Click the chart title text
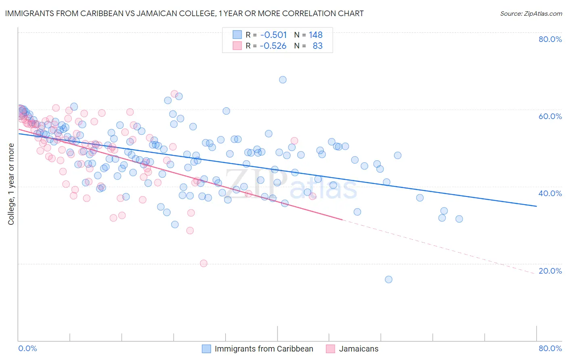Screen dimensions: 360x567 pos(184,13)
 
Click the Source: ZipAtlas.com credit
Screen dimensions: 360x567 pos(531,13)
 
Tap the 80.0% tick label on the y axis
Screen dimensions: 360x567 pos(550,39)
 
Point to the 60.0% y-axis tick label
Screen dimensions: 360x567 pos(550,116)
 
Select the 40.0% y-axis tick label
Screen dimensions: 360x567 pos(550,193)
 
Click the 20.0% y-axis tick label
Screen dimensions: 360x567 pos(550,271)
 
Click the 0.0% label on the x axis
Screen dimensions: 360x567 pos(27,348)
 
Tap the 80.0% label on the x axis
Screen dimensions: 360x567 pos(550,348)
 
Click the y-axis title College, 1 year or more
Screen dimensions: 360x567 pos(11,184)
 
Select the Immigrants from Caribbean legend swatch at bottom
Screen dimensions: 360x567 pos(206,349)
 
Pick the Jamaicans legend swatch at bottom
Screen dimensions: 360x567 pos(331,349)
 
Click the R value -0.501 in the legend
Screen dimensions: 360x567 pos(273,35)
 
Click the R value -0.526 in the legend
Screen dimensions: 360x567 pos(273,46)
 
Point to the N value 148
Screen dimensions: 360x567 pos(316,35)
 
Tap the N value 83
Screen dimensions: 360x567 pos(318,46)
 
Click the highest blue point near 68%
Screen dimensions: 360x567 pos(283,80)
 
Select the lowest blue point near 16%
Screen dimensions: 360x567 pos(388,279)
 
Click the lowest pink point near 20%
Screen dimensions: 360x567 pos(204,263)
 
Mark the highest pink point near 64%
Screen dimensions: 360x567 pos(174,94)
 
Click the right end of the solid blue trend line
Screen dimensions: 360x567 pos(536,206)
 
